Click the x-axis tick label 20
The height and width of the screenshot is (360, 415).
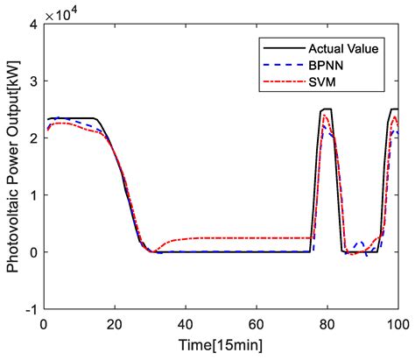click(x=114, y=324)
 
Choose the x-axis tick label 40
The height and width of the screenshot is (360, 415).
click(x=185, y=324)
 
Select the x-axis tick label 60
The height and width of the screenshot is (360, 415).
click(x=256, y=324)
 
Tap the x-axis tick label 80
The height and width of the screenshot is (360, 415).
click(x=327, y=324)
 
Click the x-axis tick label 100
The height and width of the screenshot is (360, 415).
click(x=397, y=324)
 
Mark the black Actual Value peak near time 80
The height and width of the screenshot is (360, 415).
click(x=327, y=109)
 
